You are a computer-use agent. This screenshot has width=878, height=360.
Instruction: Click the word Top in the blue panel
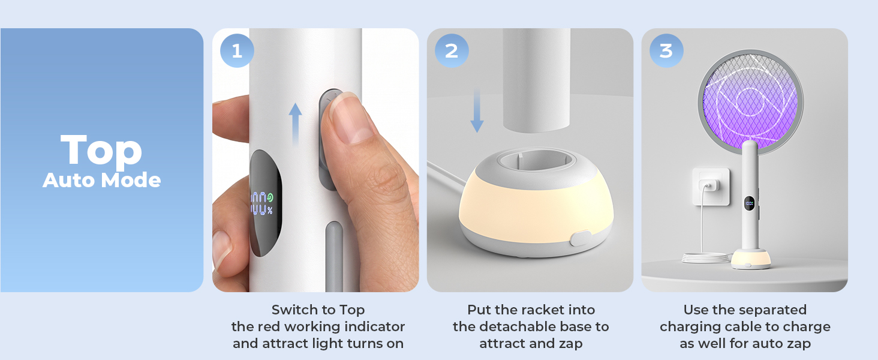pyautogui.click(x=101, y=151)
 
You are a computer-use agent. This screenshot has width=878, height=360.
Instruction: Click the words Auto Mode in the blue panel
pyautogui.click(x=101, y=181)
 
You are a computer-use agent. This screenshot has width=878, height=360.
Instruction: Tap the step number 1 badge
pyautogui.click(x=237, y=51)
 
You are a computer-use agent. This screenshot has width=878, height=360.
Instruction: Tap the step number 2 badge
pyautogui.click(x=452, y=51)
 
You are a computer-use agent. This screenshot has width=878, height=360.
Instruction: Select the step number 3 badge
pyautogui.click(x=666, y=51)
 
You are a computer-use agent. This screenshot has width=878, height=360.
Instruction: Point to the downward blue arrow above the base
pyautogui.click(x=477, y=110)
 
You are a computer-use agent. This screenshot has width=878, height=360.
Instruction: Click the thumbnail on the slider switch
pyautogui.click(x=350, y=118)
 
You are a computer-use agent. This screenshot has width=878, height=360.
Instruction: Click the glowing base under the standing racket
pyautogui.click(x=751, y=259)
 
